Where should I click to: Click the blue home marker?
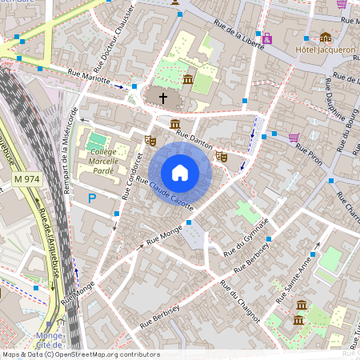tap(180, 172)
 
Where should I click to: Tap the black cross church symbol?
tap(163, 98)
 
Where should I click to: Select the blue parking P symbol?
tap(92, 198)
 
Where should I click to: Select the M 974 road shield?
tap(27, 181)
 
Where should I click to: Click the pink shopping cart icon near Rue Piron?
tap(294, 137)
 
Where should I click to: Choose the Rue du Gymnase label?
tap(246, 239)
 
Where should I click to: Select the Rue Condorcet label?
tap(126, 176)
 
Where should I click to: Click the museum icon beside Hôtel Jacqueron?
tap(325, 37)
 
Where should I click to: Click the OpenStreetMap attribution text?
tap(80, 354)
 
